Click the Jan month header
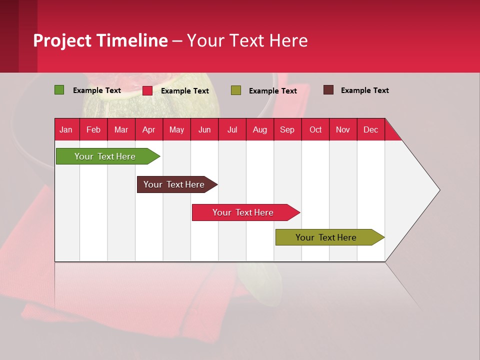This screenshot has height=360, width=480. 66,130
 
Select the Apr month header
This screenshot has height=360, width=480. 148,130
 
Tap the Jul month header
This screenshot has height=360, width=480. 232,130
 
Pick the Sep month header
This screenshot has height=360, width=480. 287,130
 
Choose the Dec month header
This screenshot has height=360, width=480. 370,130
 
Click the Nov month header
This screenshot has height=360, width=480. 342,130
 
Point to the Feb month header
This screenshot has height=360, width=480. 93,130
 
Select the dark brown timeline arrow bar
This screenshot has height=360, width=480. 175,184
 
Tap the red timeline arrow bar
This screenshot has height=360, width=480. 244,212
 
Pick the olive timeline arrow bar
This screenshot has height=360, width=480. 327,237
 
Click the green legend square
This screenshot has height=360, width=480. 59,90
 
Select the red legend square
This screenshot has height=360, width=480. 147,90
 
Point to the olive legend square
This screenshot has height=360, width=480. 236,90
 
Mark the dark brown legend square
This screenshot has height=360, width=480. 328,90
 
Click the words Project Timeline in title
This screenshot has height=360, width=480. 100,40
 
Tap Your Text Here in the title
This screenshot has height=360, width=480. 247,40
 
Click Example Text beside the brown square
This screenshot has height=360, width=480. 364,90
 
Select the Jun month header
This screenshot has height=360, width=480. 204,130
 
